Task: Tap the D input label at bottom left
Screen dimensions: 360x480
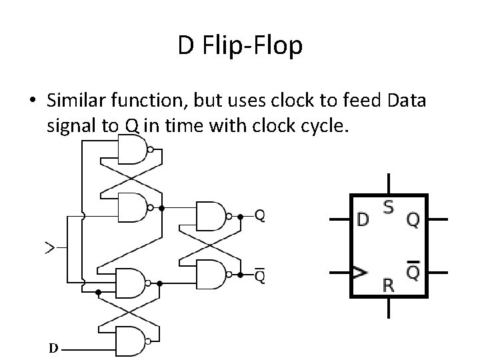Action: coord(52,348)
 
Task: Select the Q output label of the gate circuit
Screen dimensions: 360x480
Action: coord(260,216)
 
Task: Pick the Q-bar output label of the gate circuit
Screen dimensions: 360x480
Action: coord(260,274)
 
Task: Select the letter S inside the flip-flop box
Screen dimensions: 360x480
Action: coord(388,207)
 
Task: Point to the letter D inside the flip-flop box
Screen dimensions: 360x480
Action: coord(363,219)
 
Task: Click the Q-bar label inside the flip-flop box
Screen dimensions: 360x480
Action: coord(413,271)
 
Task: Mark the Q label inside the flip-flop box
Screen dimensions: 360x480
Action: coord(413,219)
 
